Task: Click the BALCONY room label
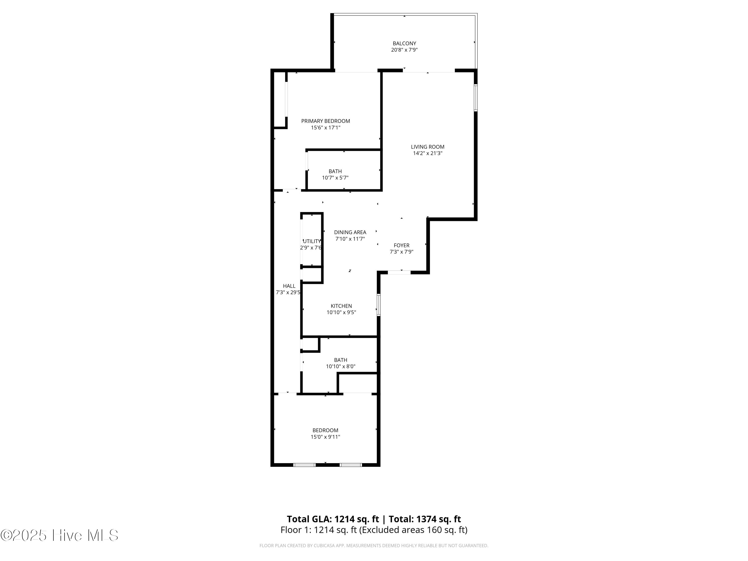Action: [404, 43]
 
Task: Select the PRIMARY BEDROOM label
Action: [325, 121]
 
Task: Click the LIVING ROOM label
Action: [427, 147]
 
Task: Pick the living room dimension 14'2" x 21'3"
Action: [427, 153]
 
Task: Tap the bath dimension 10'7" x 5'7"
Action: [335, 178]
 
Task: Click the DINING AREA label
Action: [350, 232]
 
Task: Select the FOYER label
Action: [401, 246]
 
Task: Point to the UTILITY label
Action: [311, 241]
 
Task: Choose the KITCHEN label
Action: [341, 306]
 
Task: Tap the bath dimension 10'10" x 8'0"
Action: [341, 367]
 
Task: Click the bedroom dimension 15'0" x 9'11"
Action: [325, 437]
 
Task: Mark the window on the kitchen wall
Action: [378, 305]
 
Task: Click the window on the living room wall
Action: [475, 98]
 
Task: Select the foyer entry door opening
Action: [399, 272]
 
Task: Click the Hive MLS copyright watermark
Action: [60, 535]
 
